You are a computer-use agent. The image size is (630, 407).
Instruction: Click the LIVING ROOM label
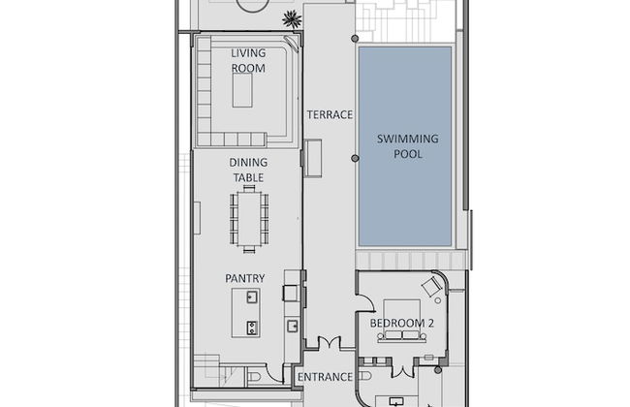pyautogui.click(x=248, y=59)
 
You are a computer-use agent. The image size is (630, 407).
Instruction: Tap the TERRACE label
pyautogui.click(x=330, y=114)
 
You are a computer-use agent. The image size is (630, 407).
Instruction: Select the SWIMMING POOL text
pyautogui.click(x=407, y=146)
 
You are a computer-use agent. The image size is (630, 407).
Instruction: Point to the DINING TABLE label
pyautogui.click(x=248, y=170)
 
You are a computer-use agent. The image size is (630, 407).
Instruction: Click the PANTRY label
pyautogui.click(x=245, y=278)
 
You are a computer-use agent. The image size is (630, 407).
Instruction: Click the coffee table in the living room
pyautogui.click(x=242, y=91)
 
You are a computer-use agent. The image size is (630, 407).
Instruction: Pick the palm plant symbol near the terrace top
pyautogui.click(x=290, y=17)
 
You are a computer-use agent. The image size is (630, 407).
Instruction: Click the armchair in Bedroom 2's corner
pyautogui.click(x=431, y=287)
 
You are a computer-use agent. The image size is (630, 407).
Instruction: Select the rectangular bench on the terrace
pyautogui.click(x=312, y=158)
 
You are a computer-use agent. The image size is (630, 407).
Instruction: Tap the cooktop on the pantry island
pyautogui.click(x=252, y=327)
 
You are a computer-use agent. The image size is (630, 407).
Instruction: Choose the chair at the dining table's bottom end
pyautogui.click(x=249, y=249)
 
